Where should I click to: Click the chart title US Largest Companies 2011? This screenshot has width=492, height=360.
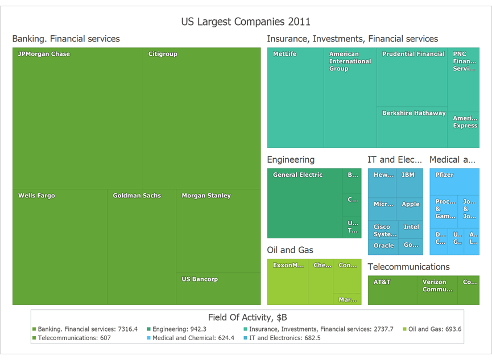(x=246, y=22)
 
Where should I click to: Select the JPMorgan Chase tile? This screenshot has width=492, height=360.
(x=77, y=118)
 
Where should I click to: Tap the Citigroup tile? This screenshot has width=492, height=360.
(x=201, y=118)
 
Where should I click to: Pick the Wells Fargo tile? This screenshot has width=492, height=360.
(x=60, y=247)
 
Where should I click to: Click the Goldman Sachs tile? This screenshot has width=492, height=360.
(x=141, y=247)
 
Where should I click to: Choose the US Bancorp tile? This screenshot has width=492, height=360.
(x=218, y=289)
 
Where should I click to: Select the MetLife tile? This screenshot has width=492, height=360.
(x=295, y=98)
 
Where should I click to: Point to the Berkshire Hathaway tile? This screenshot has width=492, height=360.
(x=412, y=127)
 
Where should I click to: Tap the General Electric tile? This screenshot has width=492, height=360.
(x=304, y=204)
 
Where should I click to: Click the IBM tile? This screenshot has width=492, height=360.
(x=409, y=183)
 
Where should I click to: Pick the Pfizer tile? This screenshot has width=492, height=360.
(x=454, y=183)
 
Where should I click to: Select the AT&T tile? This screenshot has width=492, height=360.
(x=392, y=290)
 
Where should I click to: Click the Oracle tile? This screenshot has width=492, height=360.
(x=383, y=246)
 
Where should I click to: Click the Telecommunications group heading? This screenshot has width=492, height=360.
(x=408, y=267)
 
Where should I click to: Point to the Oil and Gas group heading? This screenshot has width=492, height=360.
(x=290, y=250)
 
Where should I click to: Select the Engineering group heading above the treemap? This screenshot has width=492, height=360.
(x=291, y=160)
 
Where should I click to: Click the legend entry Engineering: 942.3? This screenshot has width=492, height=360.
(x=179, y=329)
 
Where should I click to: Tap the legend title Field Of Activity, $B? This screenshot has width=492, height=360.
(x=247, y=317)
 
